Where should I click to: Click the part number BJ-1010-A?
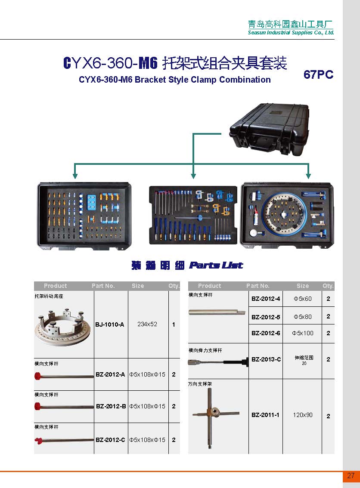pyautogui.click(x=110, y=324)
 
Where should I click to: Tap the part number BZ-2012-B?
pyautogui.click(x=111, y=406)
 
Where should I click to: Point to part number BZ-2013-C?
pyautogui.click(x=266, y=359)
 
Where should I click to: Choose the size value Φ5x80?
pyautogui.click(x=302, y=317)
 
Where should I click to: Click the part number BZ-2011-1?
pyautogui.click(x=265, y=415)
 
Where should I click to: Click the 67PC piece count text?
pyautogui.click(x=318, y=74)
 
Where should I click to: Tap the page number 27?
pyautogui.click(x=351, y=476)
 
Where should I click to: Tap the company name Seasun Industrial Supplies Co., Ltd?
pyautogui.click(x=291, y=33)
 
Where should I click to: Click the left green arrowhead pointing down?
pyautogui.click(x=75, y=175)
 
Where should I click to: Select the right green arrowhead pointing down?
pyautogui.click(x=308, y=175)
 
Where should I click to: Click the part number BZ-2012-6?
pyautogui.click(x=265, y=333)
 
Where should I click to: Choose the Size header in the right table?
pyautogui.click(x=302, y=286)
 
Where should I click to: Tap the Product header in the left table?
pyautogui.click(x=55, y=286)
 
